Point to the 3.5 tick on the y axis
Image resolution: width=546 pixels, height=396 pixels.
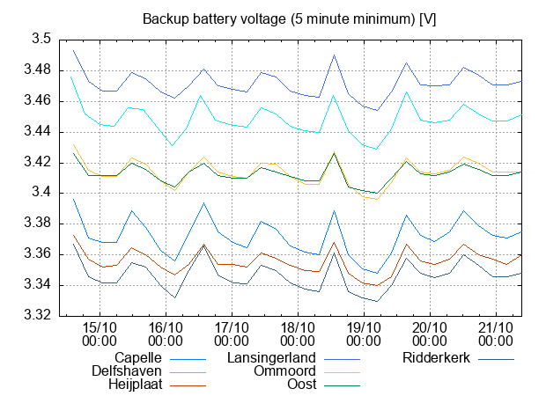(41, 40)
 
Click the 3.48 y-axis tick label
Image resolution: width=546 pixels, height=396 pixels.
(38, 70)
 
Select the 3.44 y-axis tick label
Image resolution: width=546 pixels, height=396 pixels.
(38, 132)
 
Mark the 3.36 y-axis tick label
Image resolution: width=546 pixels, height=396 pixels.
(38, 254)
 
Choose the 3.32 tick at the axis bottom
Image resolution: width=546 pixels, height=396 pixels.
(38, 315)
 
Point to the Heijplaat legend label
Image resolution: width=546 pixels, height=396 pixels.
(133, 385)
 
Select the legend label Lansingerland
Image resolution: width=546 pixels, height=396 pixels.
(272, 358)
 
